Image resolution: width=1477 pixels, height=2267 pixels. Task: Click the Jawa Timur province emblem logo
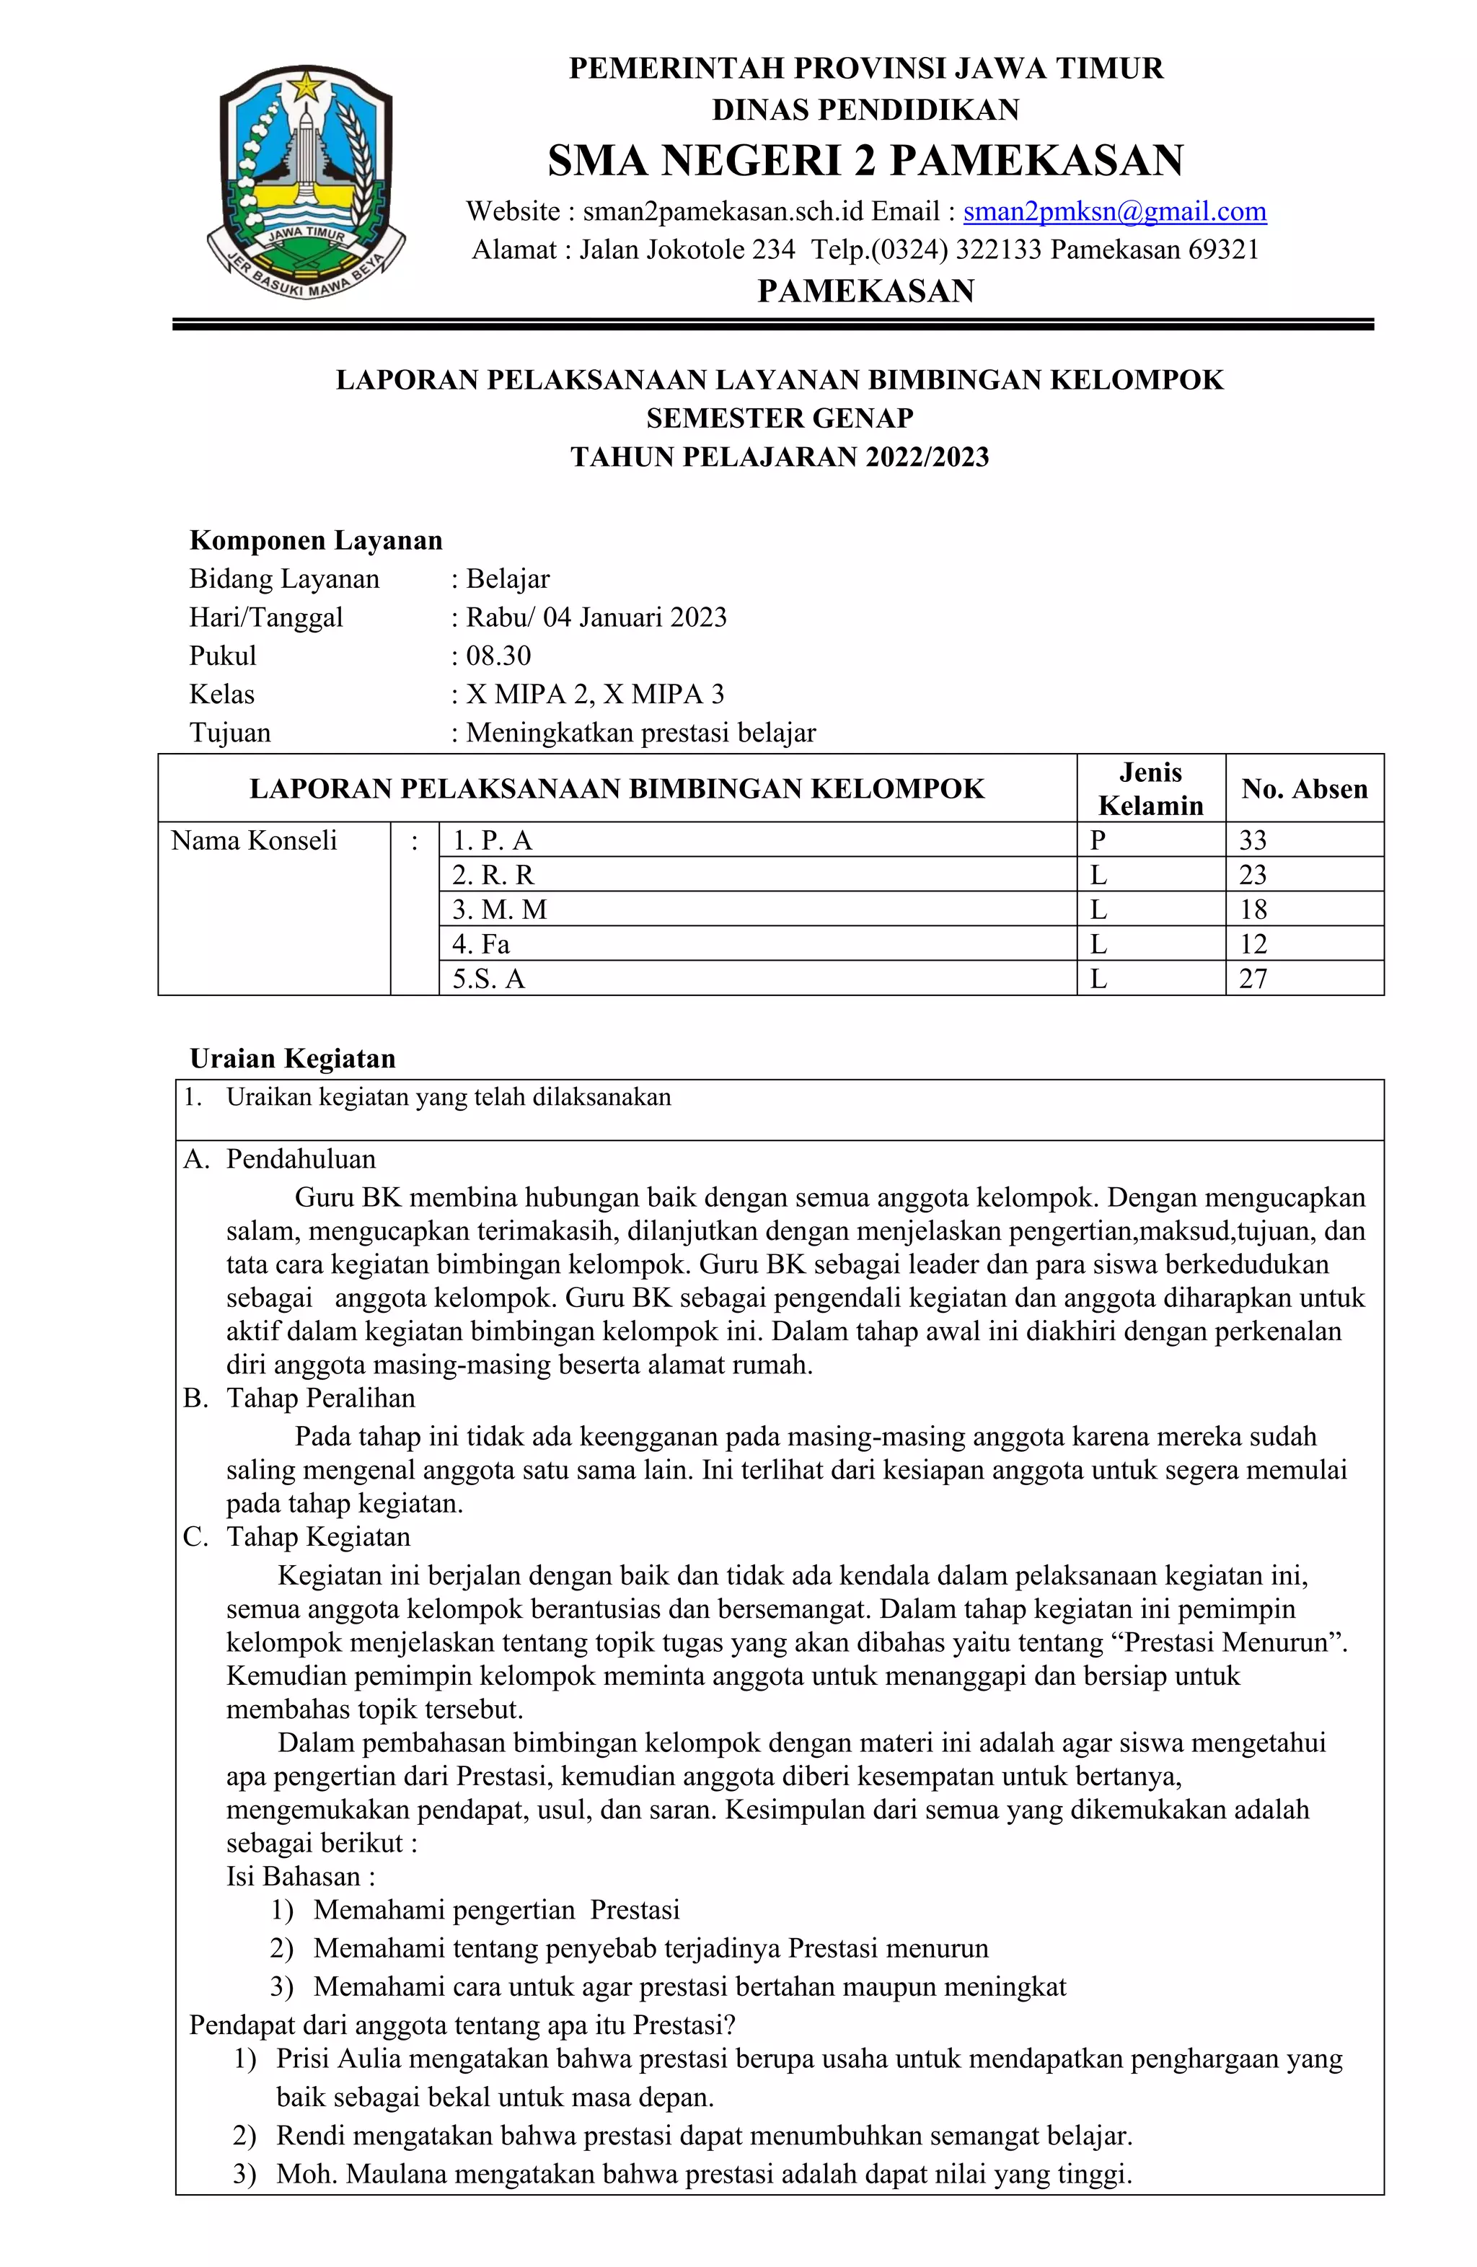click(x=307, y=182)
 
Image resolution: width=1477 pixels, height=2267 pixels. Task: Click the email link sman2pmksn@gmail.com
click(x=1114, y=211)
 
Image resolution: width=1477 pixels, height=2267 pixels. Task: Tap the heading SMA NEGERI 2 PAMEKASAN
click(x=865, y=160)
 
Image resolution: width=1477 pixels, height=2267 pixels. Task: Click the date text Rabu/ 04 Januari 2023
click(x=596, y=617)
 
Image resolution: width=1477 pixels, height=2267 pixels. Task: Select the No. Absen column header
click(x=1304, y=788)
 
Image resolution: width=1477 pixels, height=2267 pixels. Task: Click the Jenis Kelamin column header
click(x=1150, y=788)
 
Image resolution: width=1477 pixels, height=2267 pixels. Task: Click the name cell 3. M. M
click(x=500, y=910)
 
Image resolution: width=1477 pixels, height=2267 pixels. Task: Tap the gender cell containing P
click(x=1097, y=840)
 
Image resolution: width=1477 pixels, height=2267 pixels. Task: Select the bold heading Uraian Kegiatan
click(x=292, y=1058)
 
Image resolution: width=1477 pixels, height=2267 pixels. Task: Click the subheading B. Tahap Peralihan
click(x=300, y=1397)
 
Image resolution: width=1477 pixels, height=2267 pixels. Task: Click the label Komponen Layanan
click(x=316, y=540)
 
